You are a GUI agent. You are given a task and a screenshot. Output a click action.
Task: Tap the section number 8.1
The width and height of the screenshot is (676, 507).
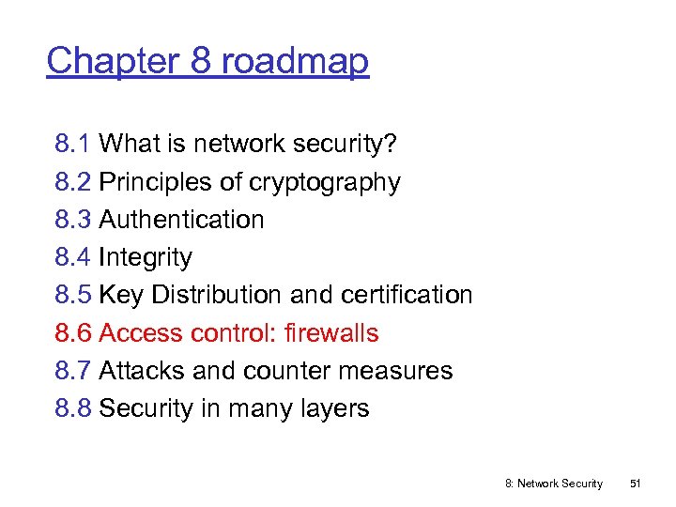[x=72, y=144]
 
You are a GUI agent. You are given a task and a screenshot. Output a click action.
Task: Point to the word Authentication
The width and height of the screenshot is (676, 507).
[x=181, y=220]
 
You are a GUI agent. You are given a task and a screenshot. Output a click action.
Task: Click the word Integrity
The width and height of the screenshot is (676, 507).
[x=146, y=257]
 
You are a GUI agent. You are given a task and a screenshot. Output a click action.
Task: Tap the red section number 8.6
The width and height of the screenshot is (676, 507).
[x=72, y=333]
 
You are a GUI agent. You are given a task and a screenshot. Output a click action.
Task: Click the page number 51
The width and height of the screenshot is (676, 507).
[x=635, y=484]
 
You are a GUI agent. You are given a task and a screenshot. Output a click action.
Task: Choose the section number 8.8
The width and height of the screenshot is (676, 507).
[x=72, y=408]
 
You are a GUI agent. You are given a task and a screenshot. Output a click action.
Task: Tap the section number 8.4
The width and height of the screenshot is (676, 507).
[x=72, y=257]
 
